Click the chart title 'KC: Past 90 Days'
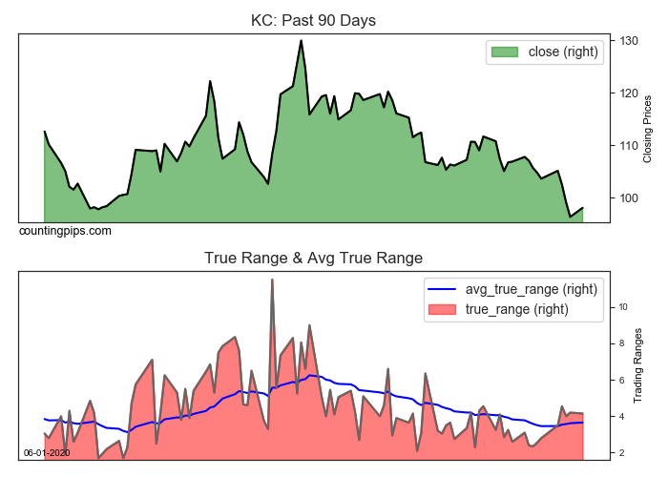[x=314, y=19]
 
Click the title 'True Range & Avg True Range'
[x=313, y=258]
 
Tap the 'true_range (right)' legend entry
[x=516, y=308]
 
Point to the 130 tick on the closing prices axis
[x=626, y=41]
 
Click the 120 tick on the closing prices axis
[x=626, y=93]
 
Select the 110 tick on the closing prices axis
[x=626, y=146]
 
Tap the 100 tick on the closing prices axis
[x=626, y=198]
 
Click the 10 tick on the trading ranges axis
[x=622, y=307]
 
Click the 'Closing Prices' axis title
[x=647, y=128]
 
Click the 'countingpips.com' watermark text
[x=65, y=231]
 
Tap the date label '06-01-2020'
[x=47, y=452]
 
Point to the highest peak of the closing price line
[x=302, y=41]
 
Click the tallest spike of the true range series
[x=272, y=280]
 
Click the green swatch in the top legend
[x=505, y=52]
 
